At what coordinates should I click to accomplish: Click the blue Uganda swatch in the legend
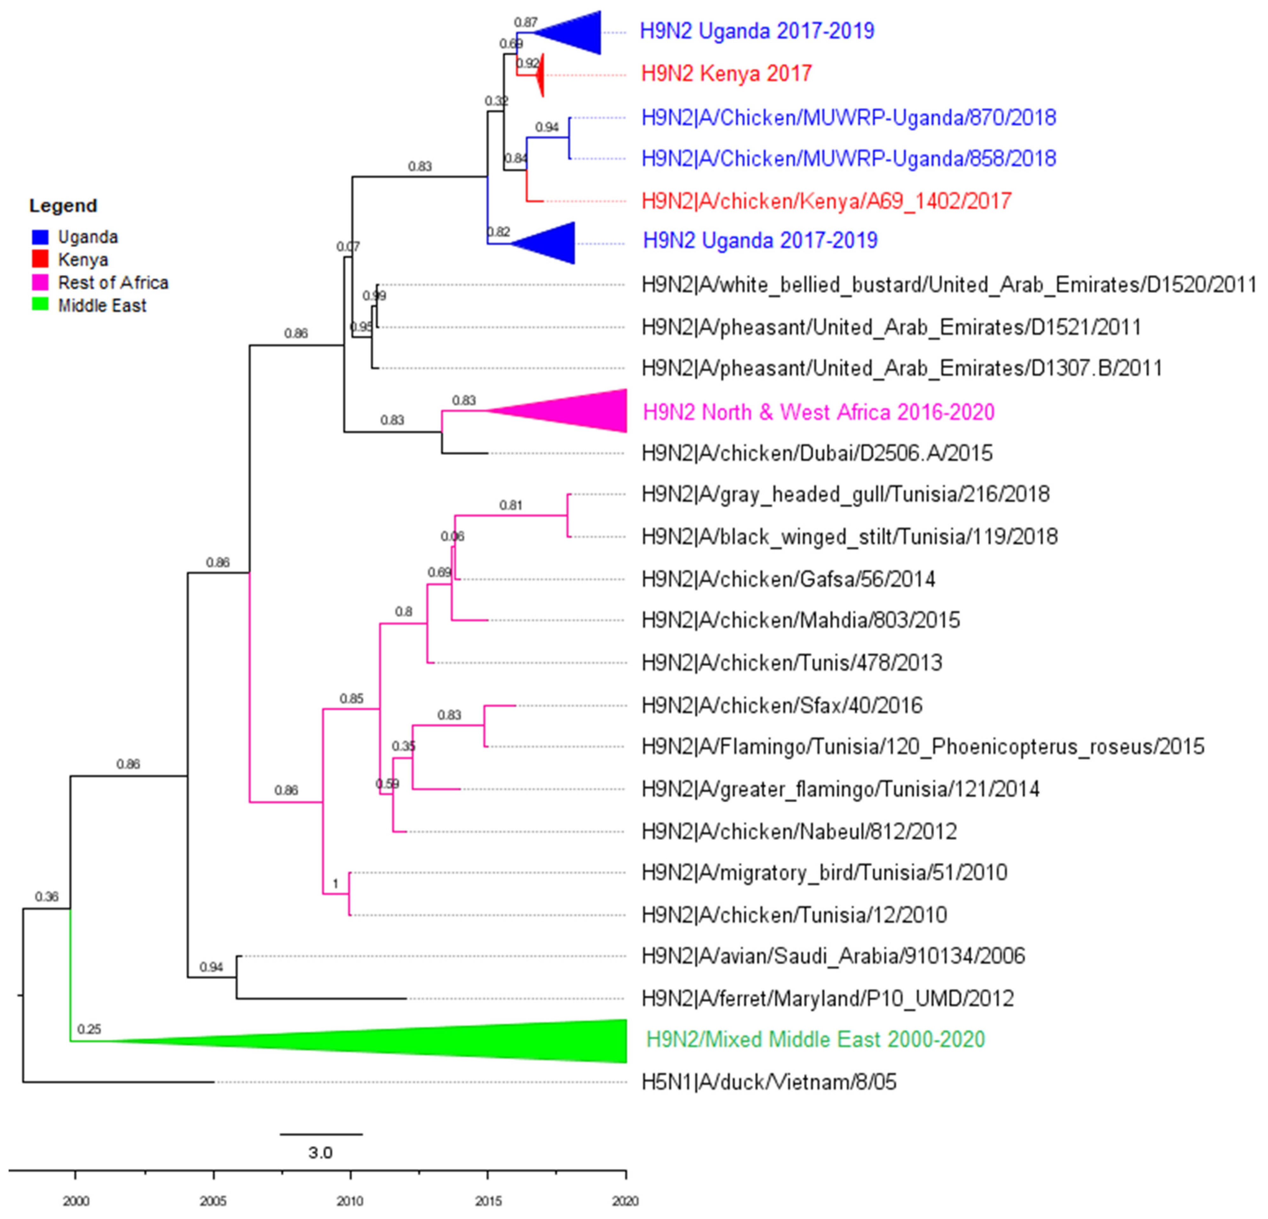[40, 237]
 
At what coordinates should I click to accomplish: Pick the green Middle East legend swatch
[40, 305]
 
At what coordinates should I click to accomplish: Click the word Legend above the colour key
[63, 206]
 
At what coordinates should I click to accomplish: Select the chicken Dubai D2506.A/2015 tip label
[816, 453]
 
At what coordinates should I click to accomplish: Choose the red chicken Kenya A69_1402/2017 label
[826, 201]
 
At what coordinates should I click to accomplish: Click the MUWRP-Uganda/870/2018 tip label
[848, 118]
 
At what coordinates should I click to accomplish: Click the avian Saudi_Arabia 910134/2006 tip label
[833, 956]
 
